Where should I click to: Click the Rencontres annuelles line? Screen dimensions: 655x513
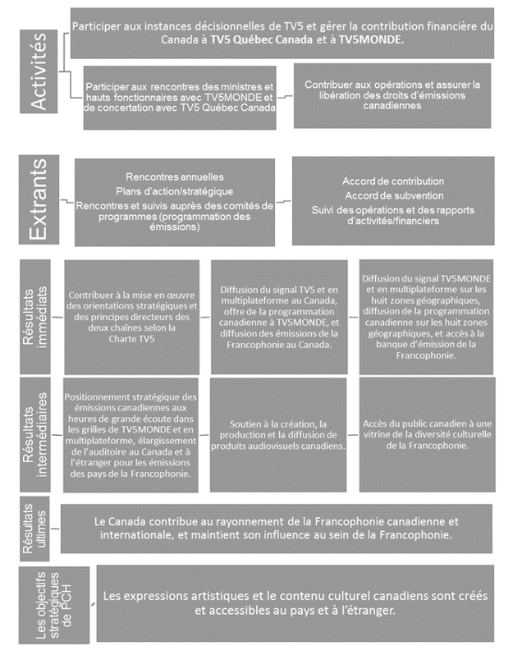click(175, 177)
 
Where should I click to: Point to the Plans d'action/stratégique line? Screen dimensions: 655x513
click(175, 191)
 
